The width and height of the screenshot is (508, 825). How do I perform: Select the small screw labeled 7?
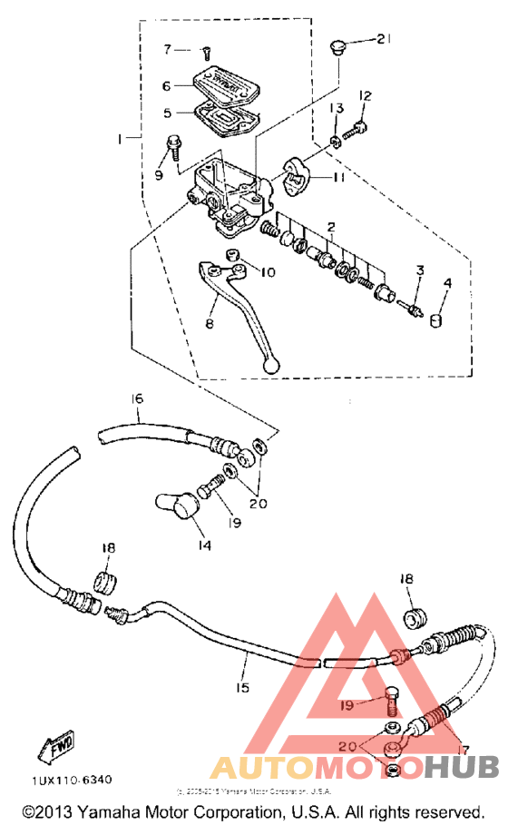click(206, 51)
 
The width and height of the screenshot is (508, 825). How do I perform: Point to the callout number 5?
click(167, 113)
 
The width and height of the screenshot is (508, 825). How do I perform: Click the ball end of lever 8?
click(269, 364)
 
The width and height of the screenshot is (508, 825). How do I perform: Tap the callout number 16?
click(138, 398)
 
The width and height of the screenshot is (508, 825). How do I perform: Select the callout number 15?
click(242, 688)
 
